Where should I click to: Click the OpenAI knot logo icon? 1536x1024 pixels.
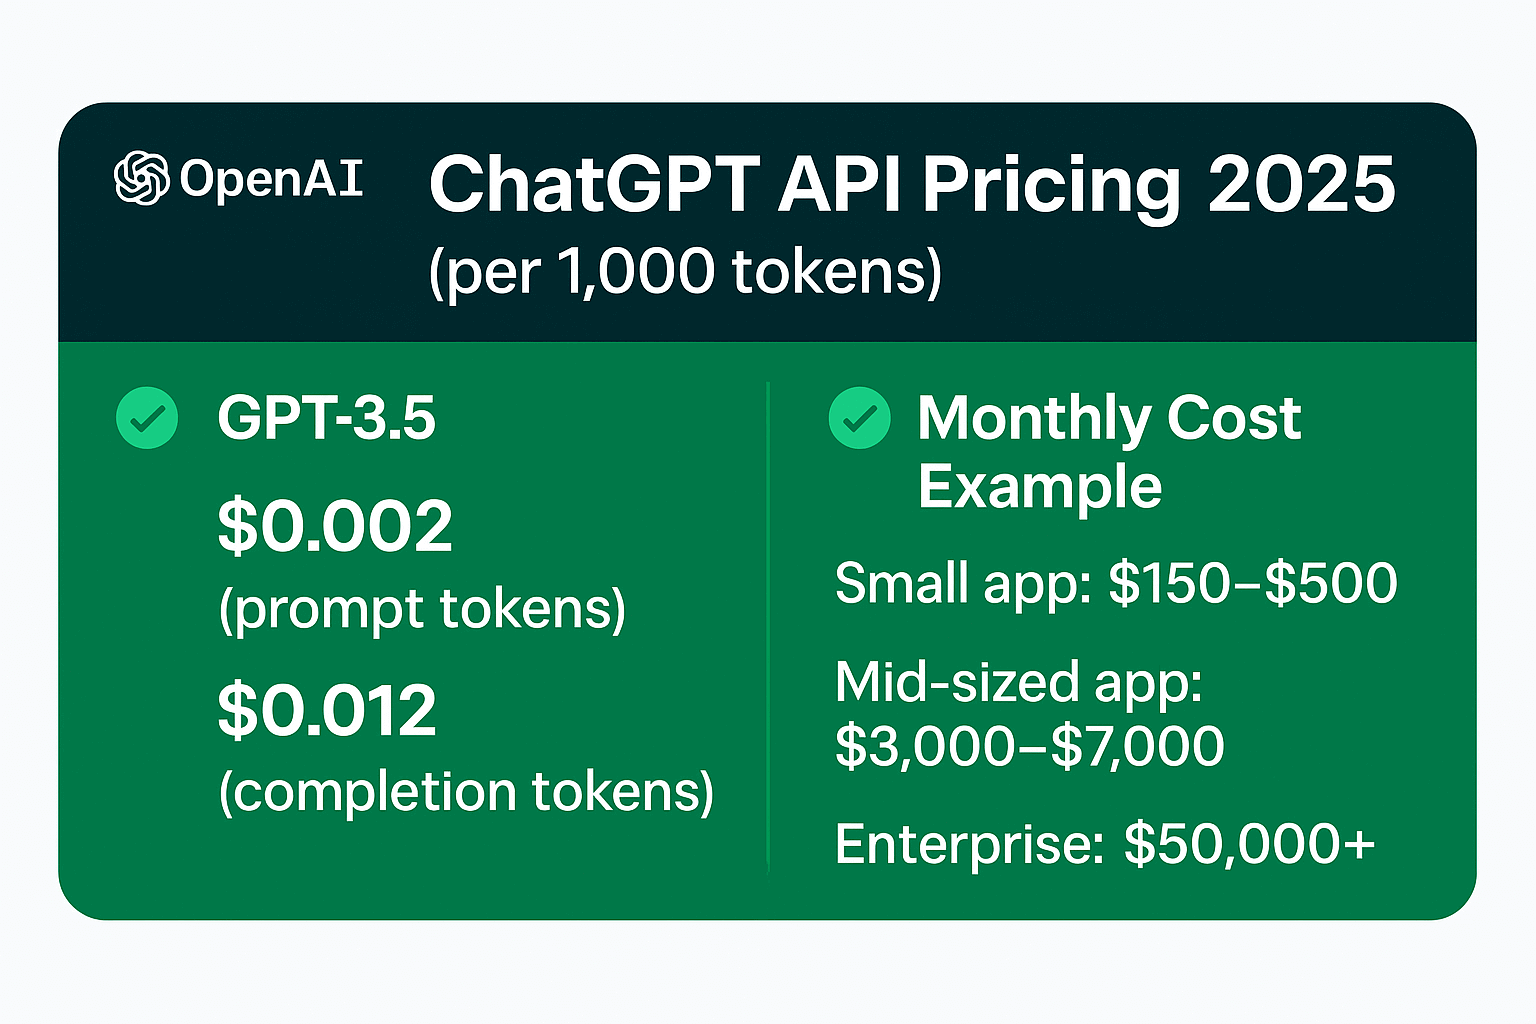point(141,179)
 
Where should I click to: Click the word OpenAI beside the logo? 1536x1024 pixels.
point(271,180)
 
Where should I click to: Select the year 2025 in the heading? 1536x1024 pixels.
point(1301,185)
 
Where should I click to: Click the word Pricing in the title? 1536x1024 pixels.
point(1051,187)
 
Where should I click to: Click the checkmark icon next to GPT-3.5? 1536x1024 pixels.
point(147,418)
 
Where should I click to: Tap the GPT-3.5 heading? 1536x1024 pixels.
point(327,418)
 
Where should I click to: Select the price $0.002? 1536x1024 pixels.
point(335,526)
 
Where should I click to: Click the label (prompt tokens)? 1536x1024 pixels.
point(422,609)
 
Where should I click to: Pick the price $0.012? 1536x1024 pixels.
point(327,710)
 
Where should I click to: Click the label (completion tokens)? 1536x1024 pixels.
point(466,792)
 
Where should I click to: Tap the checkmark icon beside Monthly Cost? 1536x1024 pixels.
point(859,418)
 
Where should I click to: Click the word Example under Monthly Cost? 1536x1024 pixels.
point(1039,488)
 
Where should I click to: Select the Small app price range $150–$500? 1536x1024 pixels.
point(1252,583)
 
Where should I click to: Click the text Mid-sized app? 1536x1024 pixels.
point(1018,683)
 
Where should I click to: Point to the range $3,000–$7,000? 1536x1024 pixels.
point(1029,746)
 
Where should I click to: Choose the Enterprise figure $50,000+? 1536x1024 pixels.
point(1250,844)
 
